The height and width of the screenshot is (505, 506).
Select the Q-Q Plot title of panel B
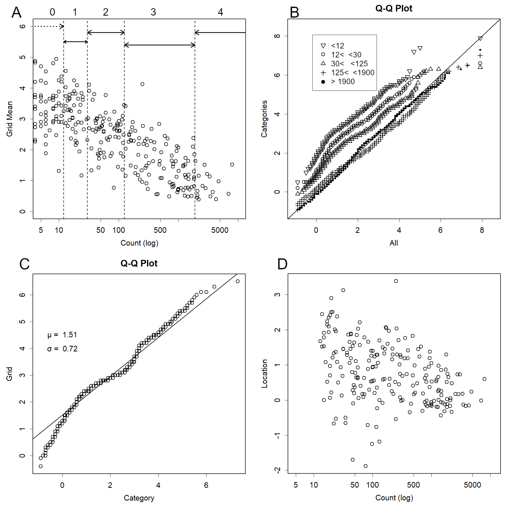393,8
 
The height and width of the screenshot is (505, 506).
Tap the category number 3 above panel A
153,12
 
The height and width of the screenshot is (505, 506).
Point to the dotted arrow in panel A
48,26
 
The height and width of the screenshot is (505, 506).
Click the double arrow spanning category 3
159,45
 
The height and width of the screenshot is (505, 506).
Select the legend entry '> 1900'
343,81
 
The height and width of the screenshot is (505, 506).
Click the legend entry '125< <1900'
353,73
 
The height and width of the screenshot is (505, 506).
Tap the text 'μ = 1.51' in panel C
62,335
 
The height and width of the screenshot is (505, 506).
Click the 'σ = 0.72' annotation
62,349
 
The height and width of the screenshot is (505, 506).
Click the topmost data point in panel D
396,281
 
